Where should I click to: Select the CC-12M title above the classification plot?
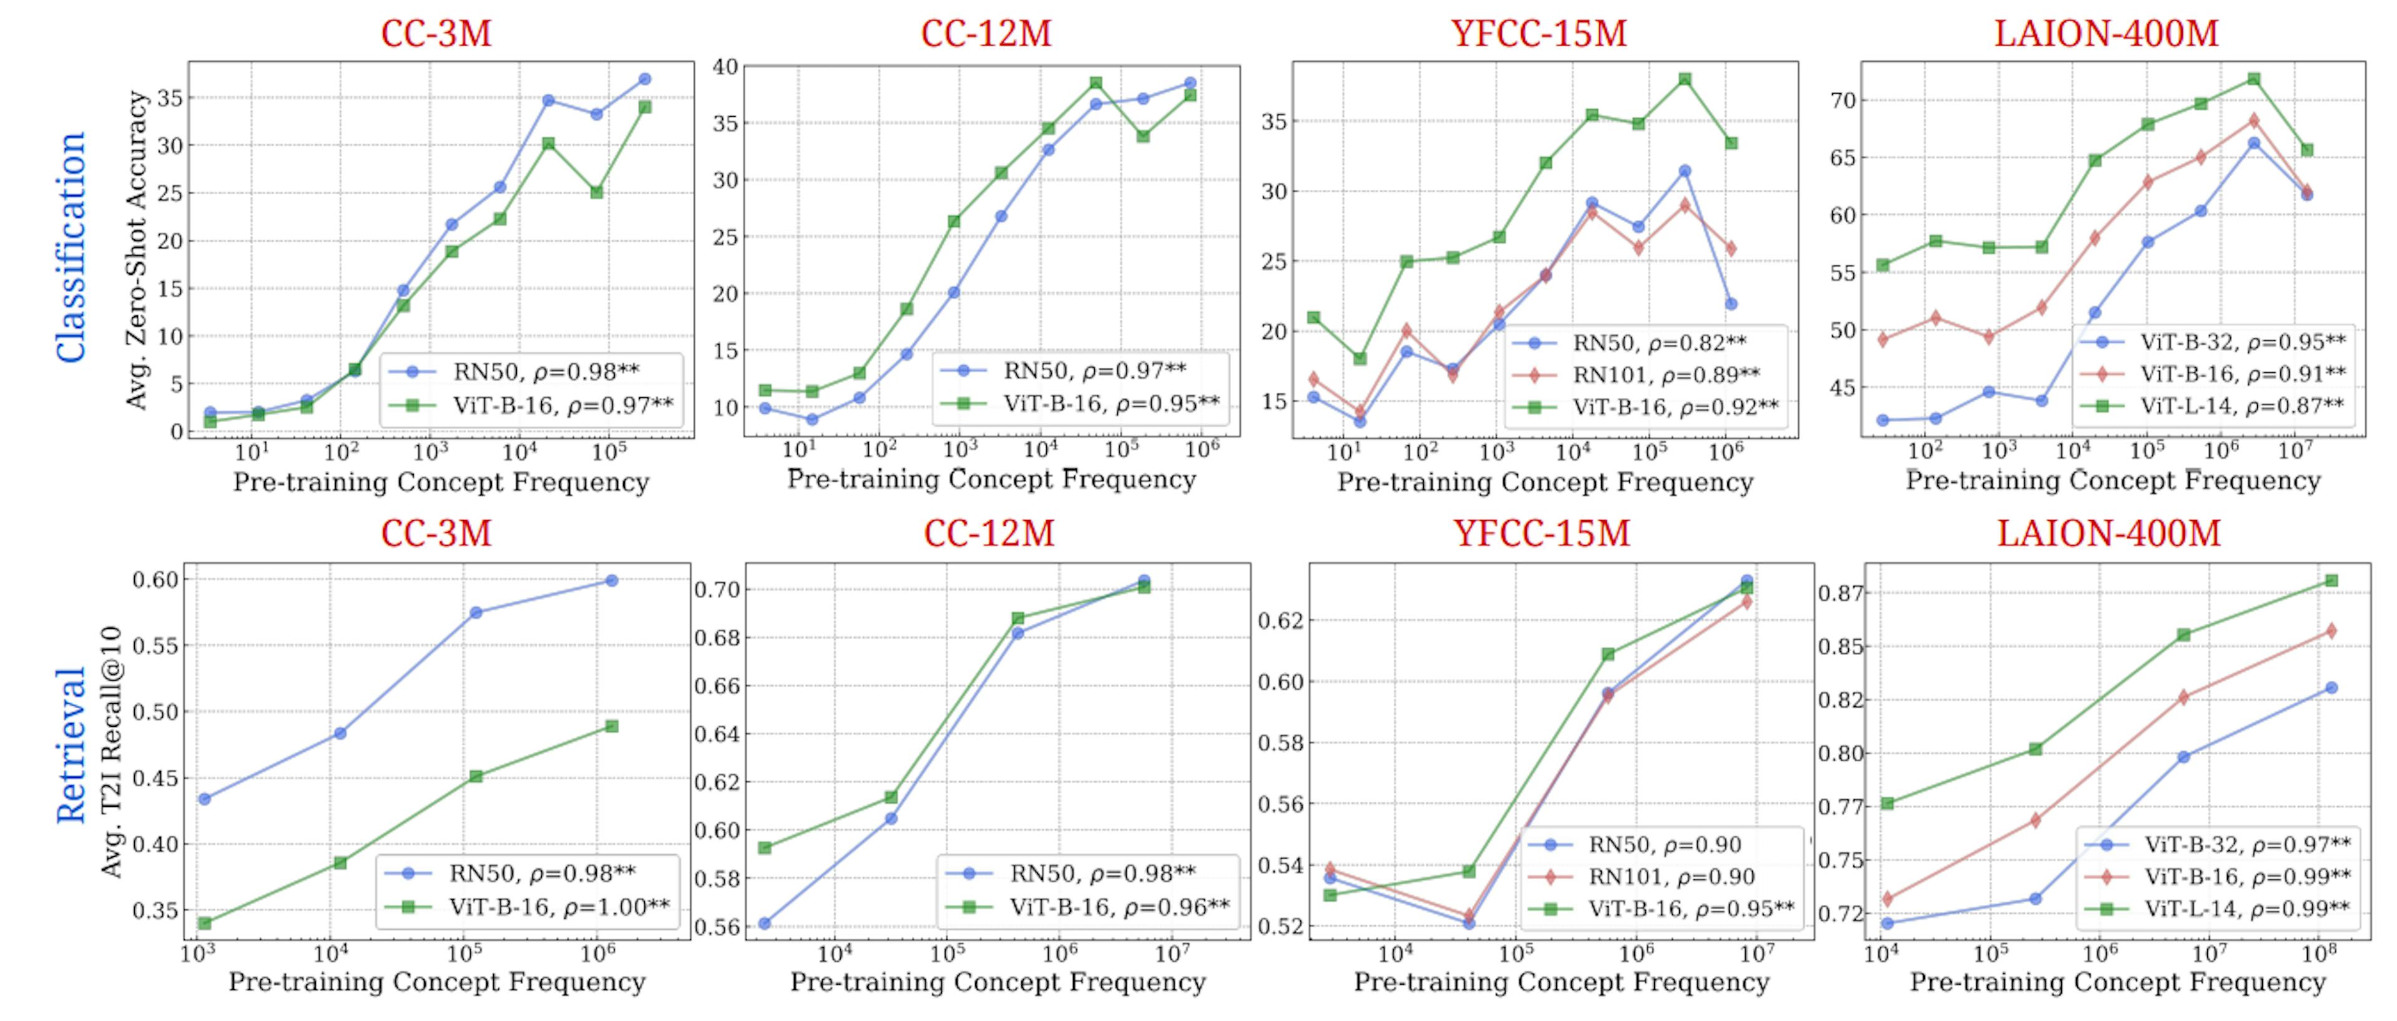point(986,34)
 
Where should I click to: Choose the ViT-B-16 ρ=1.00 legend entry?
point(558,907)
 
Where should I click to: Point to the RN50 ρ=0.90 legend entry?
point(1664,845)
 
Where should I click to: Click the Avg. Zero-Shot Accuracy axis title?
point(138,249)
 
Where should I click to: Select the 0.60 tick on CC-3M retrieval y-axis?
point(154,580)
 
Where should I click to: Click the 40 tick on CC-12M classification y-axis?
point(725,67)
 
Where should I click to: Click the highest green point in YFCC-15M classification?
point(1684,79)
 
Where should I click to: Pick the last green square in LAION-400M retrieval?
point(2331,581)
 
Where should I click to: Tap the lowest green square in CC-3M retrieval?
point(205,924)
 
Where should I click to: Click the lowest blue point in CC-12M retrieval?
point(764,924)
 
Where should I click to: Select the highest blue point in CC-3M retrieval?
point(611,581)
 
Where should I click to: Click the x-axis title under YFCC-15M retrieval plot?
point(1561,983)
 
